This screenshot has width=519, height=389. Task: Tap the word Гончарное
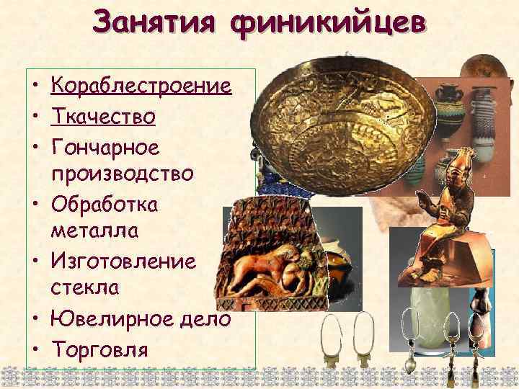click(x=103, y=146)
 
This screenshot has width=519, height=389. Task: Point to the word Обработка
click(x=102, y=204)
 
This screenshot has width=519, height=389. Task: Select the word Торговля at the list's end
click(x=99, y=349)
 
